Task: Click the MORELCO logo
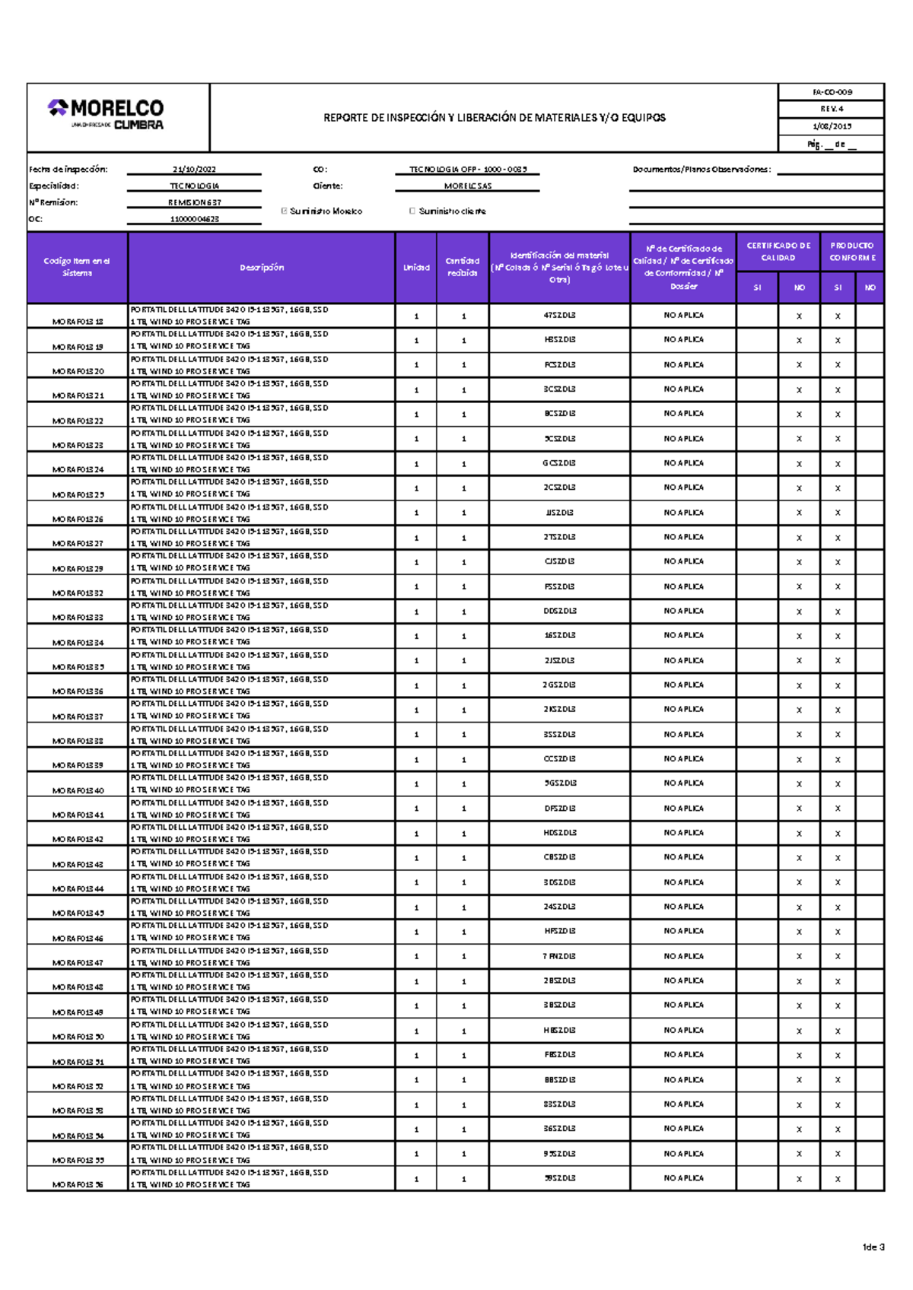tap(106, 115)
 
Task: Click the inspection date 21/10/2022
tap(194, 170)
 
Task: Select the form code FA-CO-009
tap(832, 92)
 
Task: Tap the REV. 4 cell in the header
tap(832, 109)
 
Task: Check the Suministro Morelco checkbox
tap(285, 211)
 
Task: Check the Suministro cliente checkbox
tap(412, 211)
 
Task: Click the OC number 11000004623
tap(194, 219)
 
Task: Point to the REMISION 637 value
tap(194, 202)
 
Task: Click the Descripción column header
tap(262, 268)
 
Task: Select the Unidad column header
tap(416, 268)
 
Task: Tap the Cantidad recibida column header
tap(463, 267)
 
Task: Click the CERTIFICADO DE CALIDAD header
tap(778, 252)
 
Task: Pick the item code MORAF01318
tap(78, 322)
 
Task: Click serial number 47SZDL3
tap(559, 315)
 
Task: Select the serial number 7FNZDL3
tap(559, 956)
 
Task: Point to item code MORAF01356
tap(78, 1185)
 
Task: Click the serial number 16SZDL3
tap(559, 635)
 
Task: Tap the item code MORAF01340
tap(78, 790)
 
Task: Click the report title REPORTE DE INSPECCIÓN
tap(494, 118)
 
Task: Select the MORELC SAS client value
tap(467, 186)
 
